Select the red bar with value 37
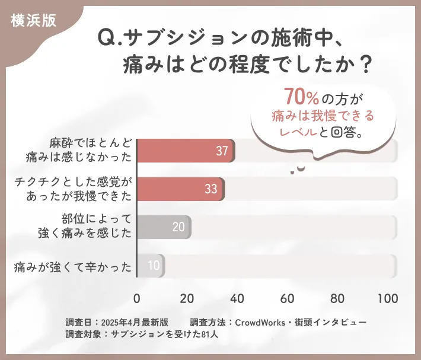(x=186, y=151)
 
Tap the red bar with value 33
(x=180, y=189)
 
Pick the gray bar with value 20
(x=164, y=227)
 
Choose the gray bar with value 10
(x=151, y=265)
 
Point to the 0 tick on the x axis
(x=137, y=298)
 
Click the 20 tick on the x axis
(x=187, y=298)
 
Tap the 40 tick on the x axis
(x=238, y=298)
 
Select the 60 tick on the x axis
(x=288, y=298)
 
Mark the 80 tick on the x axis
(x=338, y=298)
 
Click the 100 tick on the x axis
(x=388, y=298)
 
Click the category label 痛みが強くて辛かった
(x=73, y=266)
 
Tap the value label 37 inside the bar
(x=222, y=151)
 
